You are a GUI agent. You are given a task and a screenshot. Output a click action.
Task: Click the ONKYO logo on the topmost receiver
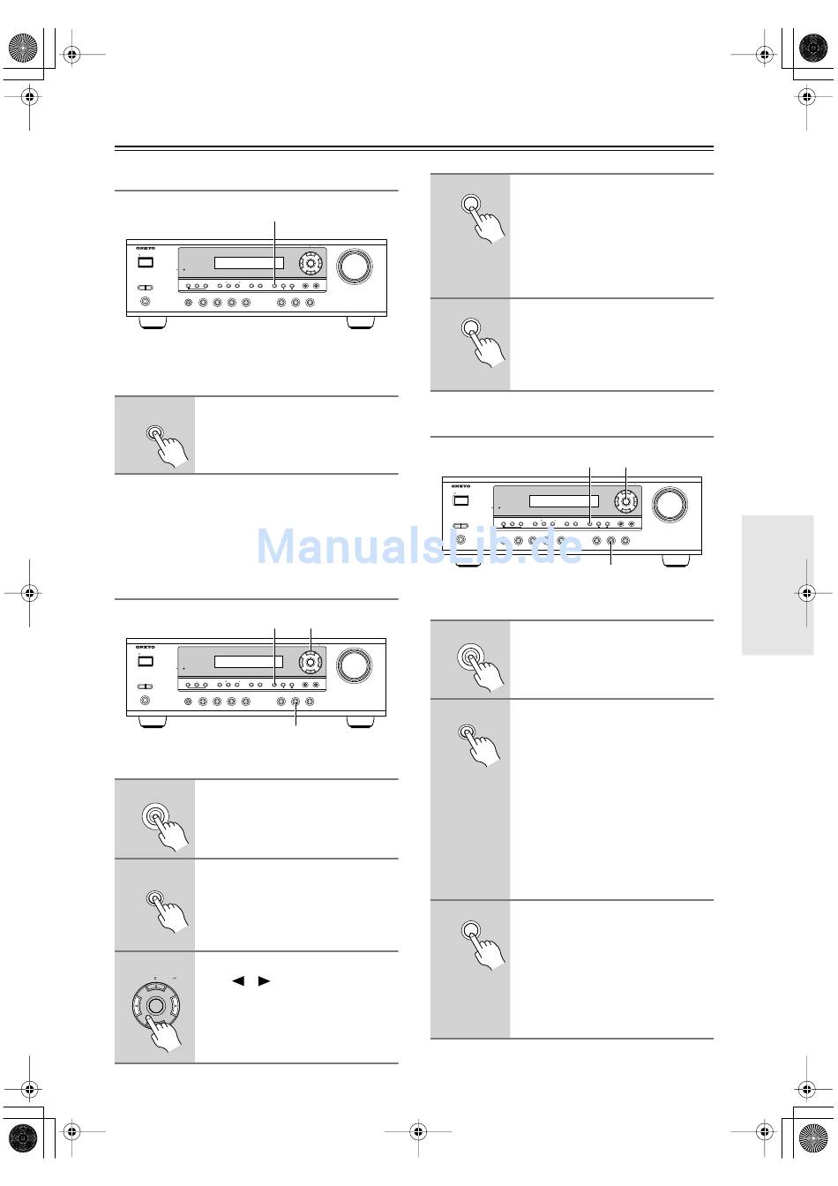[146, 249]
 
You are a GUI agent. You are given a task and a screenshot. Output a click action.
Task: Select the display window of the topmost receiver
[249, 263]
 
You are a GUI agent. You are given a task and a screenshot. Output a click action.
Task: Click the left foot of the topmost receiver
[153, 323]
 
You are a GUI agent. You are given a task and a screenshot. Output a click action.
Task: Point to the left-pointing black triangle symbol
[237, 980]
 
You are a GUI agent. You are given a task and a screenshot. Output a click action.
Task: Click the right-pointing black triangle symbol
[264, 980]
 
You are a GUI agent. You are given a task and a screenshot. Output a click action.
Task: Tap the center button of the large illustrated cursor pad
[156, 1006]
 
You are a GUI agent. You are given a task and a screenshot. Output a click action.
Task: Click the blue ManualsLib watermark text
[419, 546]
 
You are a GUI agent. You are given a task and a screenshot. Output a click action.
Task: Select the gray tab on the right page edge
[777, 585]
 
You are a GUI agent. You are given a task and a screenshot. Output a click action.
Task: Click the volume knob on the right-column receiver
[670, 505]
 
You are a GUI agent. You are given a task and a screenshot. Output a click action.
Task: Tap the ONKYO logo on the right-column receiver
[461, 486]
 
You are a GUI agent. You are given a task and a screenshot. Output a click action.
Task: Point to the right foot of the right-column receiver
[676, 560]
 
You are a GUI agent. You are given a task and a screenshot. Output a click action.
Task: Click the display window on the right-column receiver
[564, 501]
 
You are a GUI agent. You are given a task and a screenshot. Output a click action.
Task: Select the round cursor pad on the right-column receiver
[625, 501]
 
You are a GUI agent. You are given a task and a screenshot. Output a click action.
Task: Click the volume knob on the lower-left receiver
[354, 664]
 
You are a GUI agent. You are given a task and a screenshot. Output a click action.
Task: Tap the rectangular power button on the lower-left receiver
[146, 661]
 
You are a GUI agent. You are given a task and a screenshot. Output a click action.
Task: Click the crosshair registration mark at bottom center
[418, 1129]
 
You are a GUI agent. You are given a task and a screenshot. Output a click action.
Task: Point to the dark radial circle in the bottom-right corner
[812, 1138]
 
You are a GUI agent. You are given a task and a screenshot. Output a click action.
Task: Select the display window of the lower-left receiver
[249, 661]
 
